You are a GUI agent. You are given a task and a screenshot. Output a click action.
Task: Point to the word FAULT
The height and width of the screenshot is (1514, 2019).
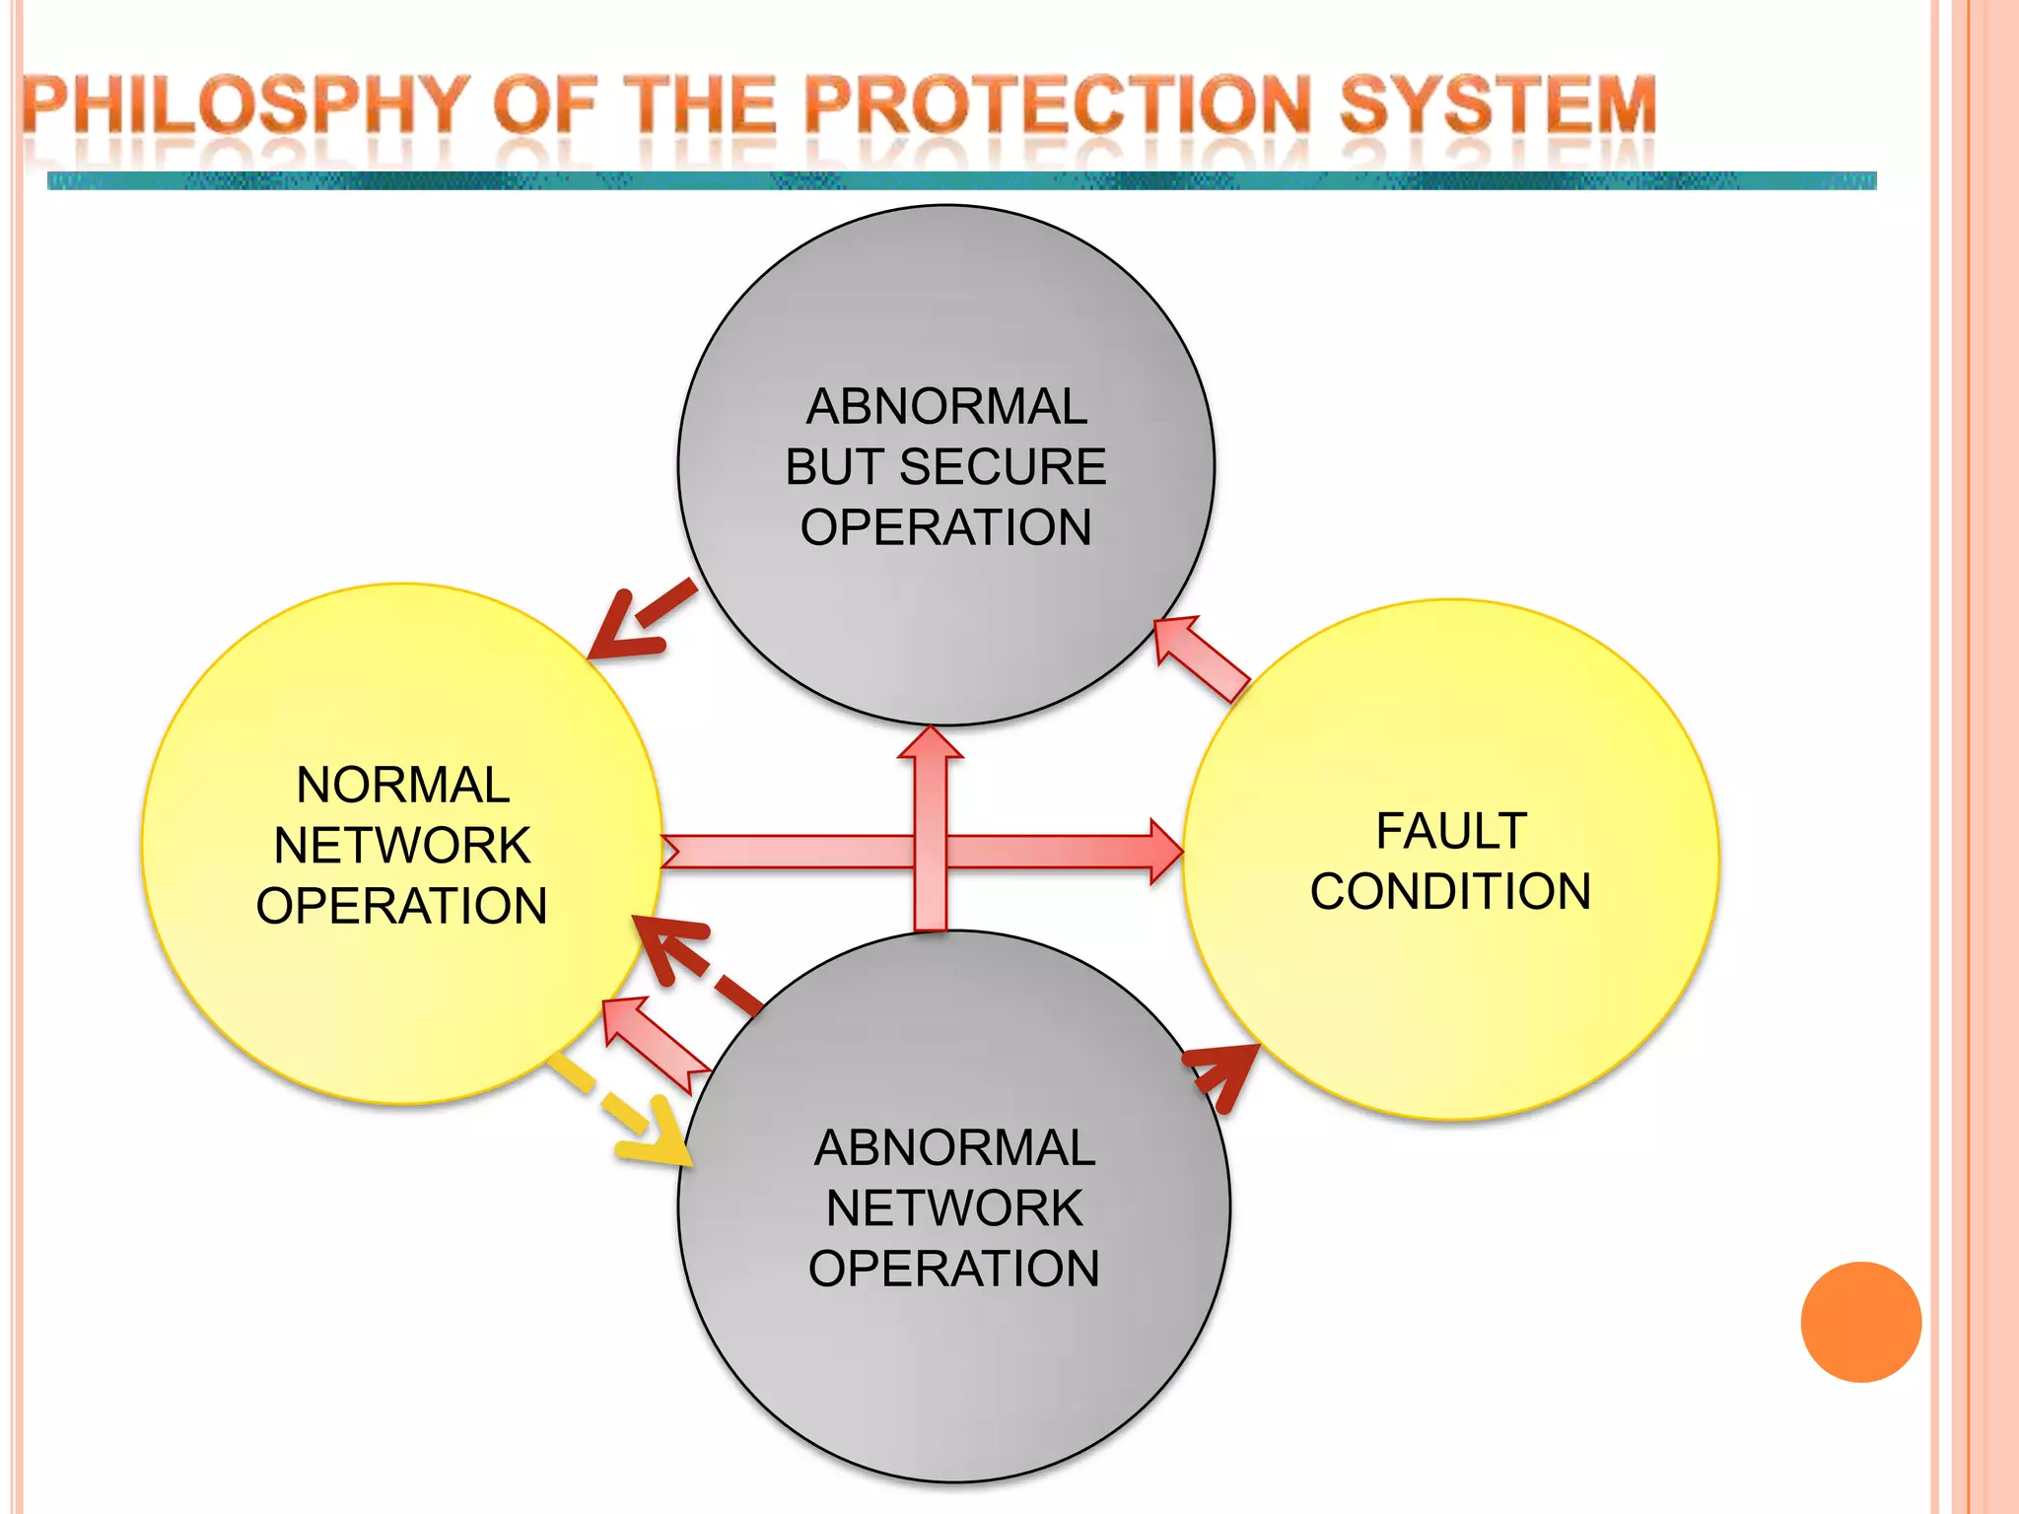(1450, 831)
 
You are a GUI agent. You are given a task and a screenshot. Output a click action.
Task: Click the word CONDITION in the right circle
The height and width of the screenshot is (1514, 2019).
(1450, 891)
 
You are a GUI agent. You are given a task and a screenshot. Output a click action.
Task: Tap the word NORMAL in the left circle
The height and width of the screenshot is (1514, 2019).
(402, 786)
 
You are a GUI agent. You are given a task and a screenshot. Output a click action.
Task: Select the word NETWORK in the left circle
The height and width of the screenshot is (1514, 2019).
(402, 846)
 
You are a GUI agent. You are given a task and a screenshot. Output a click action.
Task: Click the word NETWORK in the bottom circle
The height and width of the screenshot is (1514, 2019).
(954, 1208)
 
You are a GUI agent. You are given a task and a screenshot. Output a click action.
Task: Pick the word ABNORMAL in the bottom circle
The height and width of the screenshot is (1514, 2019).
(954, 1148)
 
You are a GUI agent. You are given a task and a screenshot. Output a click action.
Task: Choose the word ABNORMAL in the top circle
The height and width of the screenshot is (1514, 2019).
(946, 406)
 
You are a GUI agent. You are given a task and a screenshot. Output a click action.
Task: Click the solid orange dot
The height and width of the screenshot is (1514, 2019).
(1860, 1322)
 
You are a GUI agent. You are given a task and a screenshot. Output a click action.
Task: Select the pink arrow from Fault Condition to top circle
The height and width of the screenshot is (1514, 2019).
(1201, 657)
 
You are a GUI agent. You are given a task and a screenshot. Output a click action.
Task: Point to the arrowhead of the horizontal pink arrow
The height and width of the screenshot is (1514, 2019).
(1166, 851)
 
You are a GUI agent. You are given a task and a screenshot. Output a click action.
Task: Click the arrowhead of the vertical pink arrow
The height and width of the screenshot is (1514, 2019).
(931, 743)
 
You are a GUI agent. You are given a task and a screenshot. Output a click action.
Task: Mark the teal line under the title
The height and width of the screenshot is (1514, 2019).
(961, 181)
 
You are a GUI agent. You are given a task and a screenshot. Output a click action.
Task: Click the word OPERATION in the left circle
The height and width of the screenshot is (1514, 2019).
(402, 906)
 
